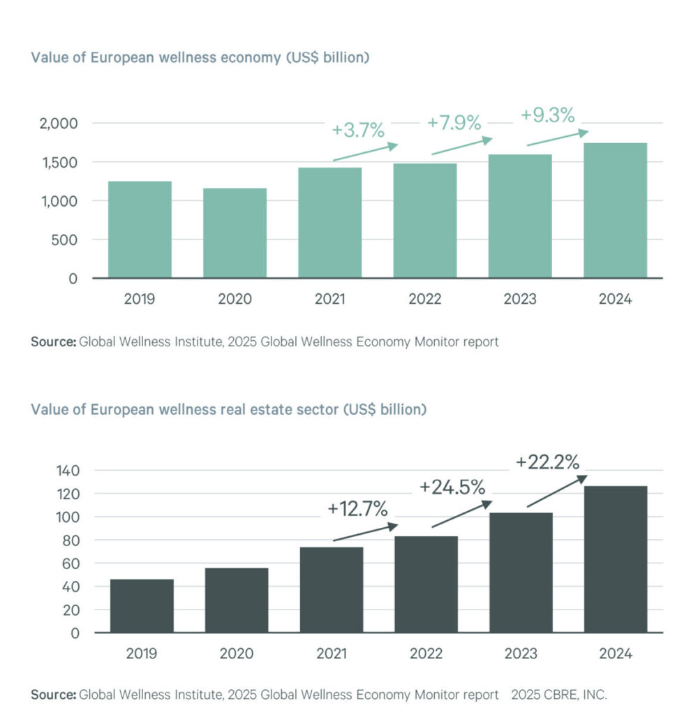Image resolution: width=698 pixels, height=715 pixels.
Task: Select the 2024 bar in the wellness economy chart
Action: (x=615, y=210)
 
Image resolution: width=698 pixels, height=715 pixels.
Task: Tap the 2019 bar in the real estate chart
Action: (x=142, y=605)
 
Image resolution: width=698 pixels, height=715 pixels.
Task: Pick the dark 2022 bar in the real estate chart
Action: (x=426, y=584)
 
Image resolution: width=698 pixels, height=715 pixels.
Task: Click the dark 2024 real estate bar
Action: (x=615, y=559)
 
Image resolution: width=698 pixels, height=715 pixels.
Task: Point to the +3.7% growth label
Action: (x=358, y=131)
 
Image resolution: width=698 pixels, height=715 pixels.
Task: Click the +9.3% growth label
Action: (x=549, y=114)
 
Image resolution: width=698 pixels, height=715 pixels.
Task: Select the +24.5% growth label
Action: (x=452, y=487)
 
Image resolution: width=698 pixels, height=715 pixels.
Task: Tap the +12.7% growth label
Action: (x=357, y=509)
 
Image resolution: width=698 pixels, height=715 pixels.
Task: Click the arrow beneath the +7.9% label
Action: (x=462, y=145)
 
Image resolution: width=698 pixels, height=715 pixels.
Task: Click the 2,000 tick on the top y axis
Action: (x=59, y=124)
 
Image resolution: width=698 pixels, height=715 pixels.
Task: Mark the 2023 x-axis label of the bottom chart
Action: (x=520, y=654)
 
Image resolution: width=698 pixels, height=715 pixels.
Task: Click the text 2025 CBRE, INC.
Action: (x=559, y=695)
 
